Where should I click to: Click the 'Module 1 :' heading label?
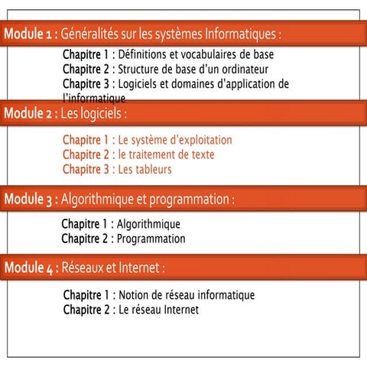tap(30, 35)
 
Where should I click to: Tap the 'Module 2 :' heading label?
tap(30, 114)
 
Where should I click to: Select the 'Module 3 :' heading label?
tap(30, 200)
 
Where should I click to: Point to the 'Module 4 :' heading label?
tap(30, 268)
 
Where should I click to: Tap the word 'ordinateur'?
tap(238, 69)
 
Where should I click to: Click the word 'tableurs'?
tap(154, 169)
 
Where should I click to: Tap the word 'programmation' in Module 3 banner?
tap(190, 200)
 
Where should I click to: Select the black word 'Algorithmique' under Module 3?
tap(148, 224)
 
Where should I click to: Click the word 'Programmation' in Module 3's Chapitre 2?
tap(151, 239)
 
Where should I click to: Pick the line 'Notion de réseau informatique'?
tap(186, 295)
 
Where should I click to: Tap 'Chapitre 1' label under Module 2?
tap(86, 141)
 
